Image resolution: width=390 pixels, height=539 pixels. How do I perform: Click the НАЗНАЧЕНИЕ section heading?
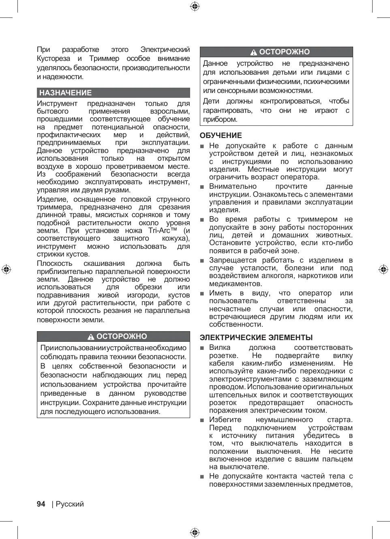tap(65, 93)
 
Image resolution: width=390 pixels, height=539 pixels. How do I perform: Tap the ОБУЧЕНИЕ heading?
tap(221, 136)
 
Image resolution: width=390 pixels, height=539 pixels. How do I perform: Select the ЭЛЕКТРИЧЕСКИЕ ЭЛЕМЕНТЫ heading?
tap(256, 338)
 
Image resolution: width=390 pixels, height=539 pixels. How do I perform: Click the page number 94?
tap(41, 504)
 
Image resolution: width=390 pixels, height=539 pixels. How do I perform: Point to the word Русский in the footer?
tap(70, 504)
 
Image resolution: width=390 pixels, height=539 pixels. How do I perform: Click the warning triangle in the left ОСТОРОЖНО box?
tap(91, 337)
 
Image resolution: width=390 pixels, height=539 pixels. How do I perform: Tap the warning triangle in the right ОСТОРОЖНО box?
tap(254, 52)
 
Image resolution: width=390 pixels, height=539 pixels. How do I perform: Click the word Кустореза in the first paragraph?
tap(54, 58)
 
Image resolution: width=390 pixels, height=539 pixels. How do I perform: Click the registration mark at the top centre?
tap(195, 6)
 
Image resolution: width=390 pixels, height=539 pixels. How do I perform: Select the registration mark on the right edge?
tap(383, 269)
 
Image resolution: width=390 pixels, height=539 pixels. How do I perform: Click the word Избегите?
tap(225, 420)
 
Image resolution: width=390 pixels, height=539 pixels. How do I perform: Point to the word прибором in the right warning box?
tap(220, 119)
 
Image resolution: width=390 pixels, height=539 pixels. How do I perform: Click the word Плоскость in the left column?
tap(54, 264)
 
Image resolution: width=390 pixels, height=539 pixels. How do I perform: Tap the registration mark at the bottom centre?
tap(195, 533)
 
